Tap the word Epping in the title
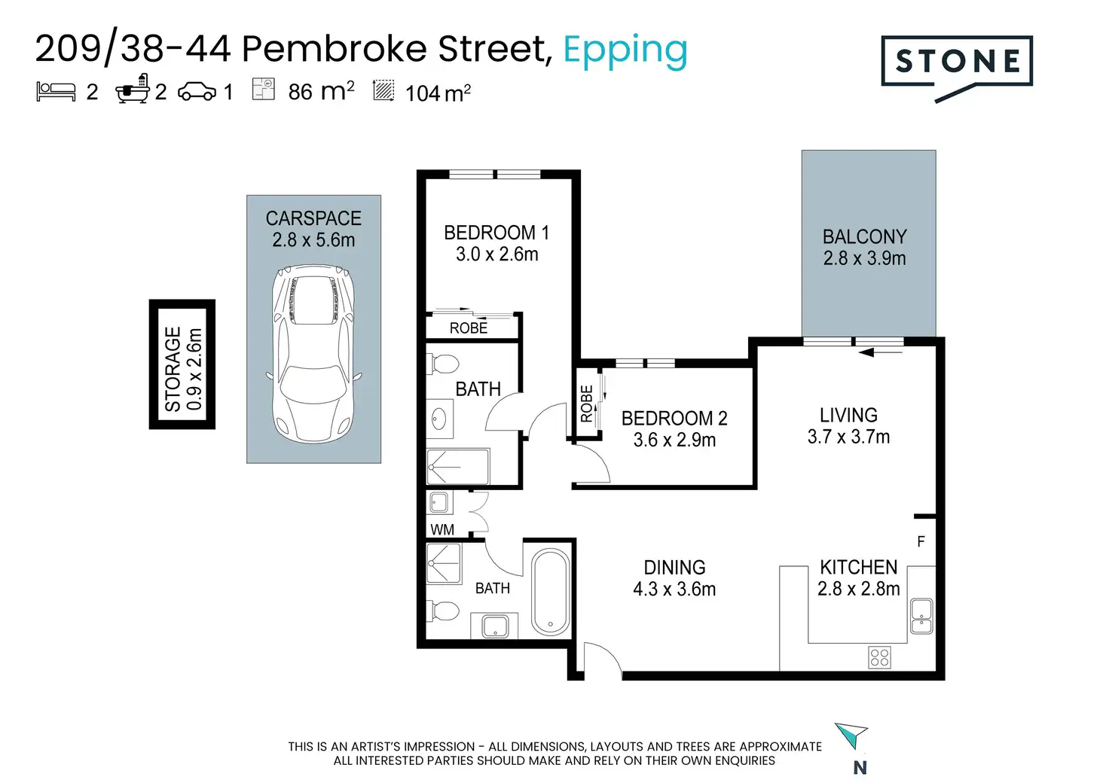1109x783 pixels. tap(625, 51)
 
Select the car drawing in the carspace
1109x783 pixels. tap(313, 354)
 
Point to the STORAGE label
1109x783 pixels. tap(173, 369)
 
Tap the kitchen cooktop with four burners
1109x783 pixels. tap(879, 657)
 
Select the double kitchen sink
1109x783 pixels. tap(921, 616)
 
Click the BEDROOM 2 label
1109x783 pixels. tap(674, 419)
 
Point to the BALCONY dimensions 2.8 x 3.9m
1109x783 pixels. tap(864, 258)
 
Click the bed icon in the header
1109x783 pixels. tap(56, 92)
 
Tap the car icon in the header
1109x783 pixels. tap(197, 92)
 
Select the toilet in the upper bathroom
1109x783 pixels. tap(442, 364)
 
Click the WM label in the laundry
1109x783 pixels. tap(442, 530)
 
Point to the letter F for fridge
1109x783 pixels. tap(921, 541)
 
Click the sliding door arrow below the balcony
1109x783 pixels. tap(881, 352)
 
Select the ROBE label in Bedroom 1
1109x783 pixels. tap(469, 328)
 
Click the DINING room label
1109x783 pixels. tap(674, 568)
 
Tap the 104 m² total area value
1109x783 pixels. tap(438, 93)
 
